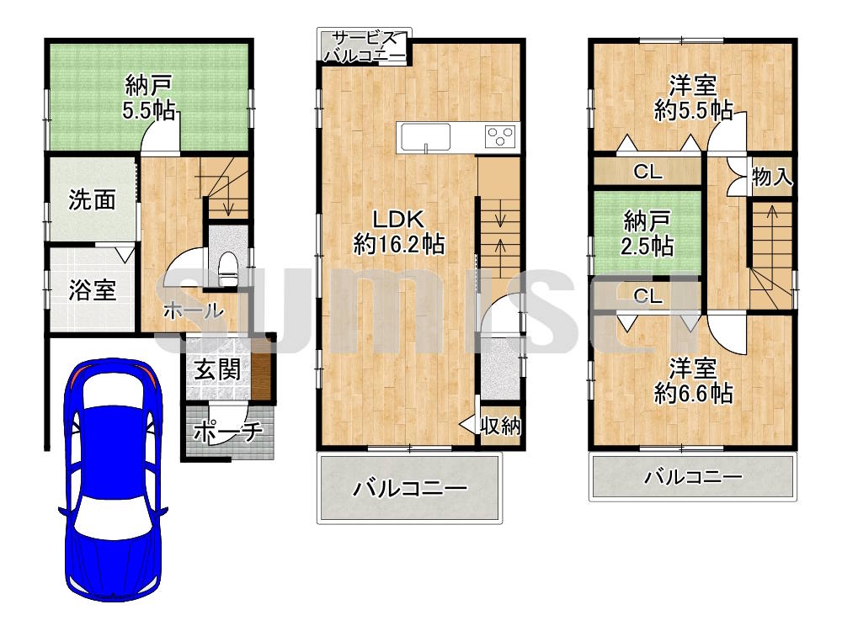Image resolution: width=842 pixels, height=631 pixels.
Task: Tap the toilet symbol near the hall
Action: point(226,267)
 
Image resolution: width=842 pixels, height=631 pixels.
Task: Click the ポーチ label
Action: point(228,431)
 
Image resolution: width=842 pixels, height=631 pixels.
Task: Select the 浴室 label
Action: point(92,290)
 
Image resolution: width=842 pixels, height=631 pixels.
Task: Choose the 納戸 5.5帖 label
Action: point(149,98)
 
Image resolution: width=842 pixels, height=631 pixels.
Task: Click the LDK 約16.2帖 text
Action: point(399,231)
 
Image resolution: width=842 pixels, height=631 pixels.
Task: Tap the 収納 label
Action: point(500,427)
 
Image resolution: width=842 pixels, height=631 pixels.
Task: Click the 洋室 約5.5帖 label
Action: point(693,97)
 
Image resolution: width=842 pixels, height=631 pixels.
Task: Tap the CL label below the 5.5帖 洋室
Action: point(647,172)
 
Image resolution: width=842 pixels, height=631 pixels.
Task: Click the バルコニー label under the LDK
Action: point(409,489)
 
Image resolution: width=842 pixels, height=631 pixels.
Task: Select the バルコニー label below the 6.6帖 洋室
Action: point(693,477)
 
